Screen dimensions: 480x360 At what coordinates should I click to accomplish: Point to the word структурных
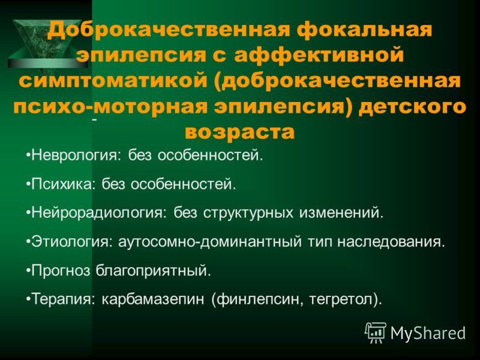[248, 213]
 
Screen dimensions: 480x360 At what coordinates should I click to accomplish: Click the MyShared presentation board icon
[376, 333]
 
